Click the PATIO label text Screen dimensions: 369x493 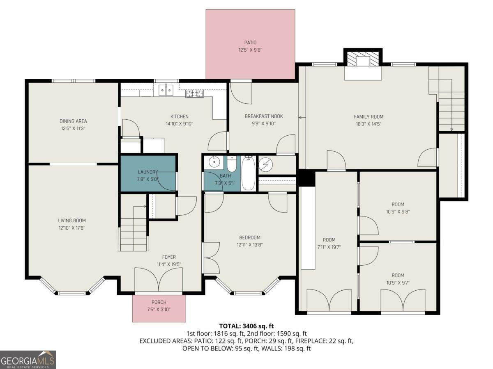click(x=250, y=42)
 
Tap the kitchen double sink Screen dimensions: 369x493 click(x=166, y=90)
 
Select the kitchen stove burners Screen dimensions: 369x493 click(x=195, y=94)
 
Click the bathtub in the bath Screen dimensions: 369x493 click(x=248, y=174)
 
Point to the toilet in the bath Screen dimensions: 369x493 click(x=231, y=165)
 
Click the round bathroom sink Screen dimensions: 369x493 click(x=214, y=162)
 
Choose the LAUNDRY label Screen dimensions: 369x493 click(x=148, y=172)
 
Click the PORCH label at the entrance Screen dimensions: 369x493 click(x=159, y=302)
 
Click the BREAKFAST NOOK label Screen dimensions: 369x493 click(x=263, y=116)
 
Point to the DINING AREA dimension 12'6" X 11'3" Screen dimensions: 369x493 click(x=73, y=128)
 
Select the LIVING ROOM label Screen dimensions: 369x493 click(x=72, y=221)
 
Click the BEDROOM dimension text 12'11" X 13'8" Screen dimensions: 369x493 click(x=250, y=245)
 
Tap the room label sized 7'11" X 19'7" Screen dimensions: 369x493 click(x=329, y=240)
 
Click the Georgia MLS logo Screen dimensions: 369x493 click(x=28, y=359)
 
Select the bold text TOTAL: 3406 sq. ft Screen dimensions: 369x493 click(x=246, y=326)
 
